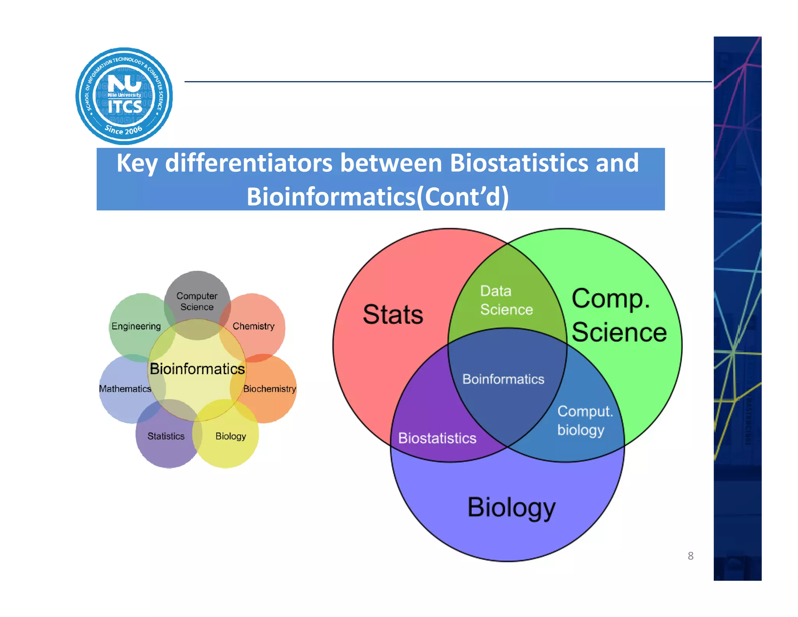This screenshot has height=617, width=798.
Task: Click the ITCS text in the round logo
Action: coord(125,106)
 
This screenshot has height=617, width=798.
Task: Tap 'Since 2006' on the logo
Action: coord(124,129)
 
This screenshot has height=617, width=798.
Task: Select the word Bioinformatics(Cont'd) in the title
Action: coord(377,197)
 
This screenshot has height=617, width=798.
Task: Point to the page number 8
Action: coord(690,556)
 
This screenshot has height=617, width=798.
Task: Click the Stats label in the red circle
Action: coord(393,314)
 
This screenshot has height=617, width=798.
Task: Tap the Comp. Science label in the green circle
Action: coord(619,315)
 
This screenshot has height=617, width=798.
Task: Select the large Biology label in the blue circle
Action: coord(511,507)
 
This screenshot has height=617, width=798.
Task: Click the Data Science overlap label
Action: coord(506,300)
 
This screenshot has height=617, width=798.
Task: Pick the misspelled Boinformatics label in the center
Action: coord(503,379)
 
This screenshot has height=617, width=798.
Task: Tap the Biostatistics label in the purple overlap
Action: coord(437,438)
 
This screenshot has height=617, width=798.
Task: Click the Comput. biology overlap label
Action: coord(584,420)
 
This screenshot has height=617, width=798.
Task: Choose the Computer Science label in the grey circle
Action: coord(197,301)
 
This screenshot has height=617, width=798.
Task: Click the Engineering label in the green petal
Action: coord(136,326)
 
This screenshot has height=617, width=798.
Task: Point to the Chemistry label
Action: coord(253,326)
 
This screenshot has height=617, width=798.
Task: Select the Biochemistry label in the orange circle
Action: coord(269,389)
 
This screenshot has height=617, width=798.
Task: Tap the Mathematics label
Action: coord(125,389)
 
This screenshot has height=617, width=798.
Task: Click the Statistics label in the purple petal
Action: coord(166,436)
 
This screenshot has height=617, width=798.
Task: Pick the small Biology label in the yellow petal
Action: coord(231,436)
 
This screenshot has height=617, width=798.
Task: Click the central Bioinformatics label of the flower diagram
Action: coord(197,369)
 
